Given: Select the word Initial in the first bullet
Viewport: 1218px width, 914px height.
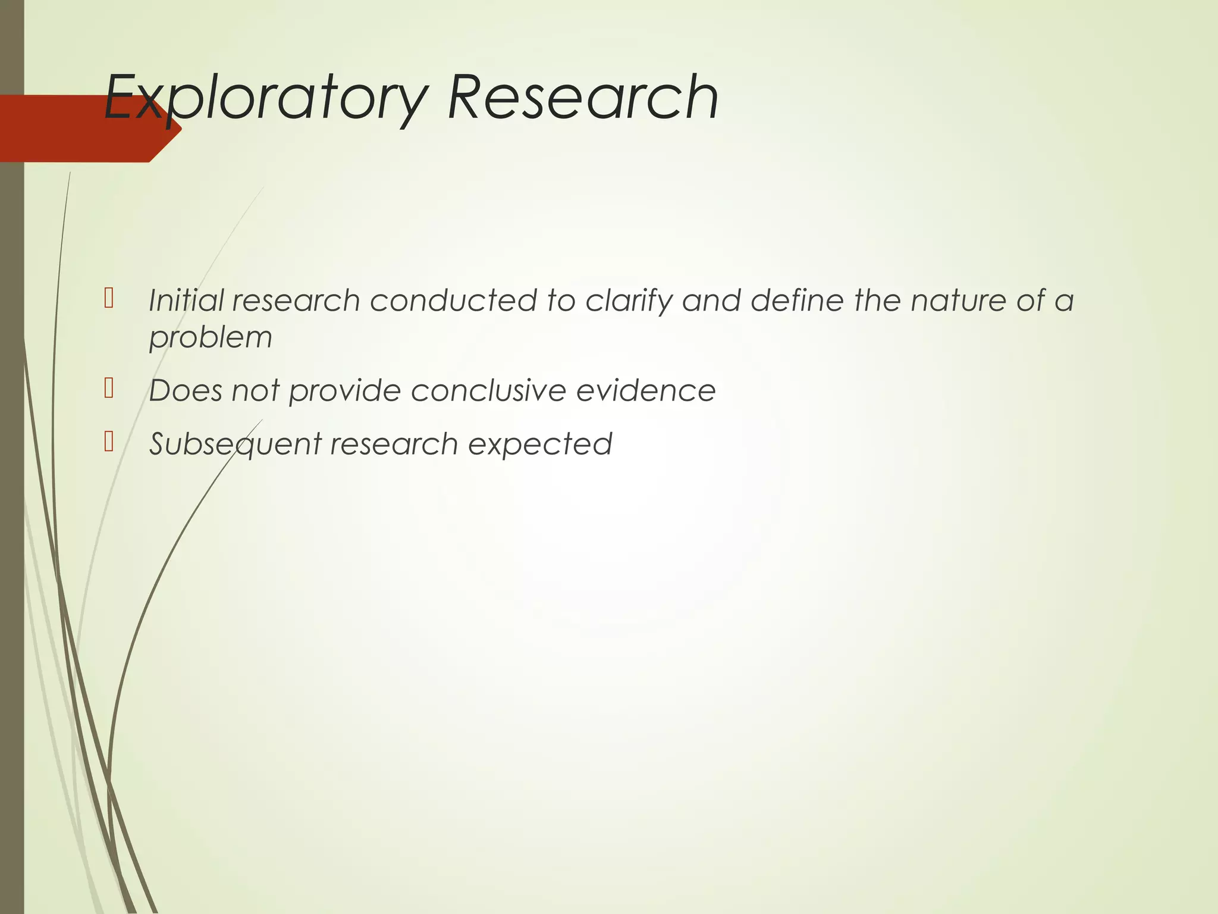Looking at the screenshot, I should [186, 300].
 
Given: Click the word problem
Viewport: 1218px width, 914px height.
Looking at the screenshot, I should [211, 338].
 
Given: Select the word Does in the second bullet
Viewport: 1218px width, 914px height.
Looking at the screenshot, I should [185, 391].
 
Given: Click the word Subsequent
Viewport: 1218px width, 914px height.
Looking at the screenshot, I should [236, 445].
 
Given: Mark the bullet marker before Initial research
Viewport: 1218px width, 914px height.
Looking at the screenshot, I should [108, 298].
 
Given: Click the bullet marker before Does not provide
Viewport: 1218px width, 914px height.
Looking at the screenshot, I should [108, 389].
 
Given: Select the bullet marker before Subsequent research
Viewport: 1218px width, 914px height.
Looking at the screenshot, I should [108, 442].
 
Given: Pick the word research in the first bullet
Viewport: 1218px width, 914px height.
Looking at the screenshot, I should [296, 300].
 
